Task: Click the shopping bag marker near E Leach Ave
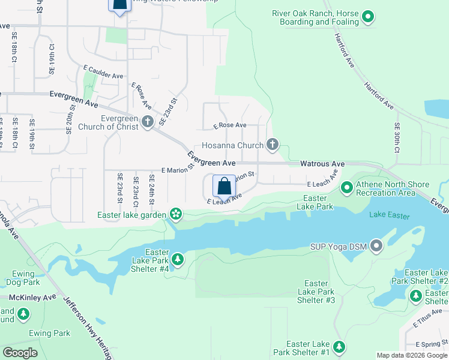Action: point(224,187)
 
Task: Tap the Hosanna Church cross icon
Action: point(273,145)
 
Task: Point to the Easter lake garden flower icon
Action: point(175,214)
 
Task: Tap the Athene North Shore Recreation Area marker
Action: point(346,188)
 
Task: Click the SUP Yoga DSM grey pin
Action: point(376,246)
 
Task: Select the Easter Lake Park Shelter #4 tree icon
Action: point(178,259)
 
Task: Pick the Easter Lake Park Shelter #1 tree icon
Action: point(339,347)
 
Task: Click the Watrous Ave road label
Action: point(322,163)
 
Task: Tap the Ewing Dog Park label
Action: point(22,277)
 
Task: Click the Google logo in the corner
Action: point(20,353)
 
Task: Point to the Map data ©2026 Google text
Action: point(412,355)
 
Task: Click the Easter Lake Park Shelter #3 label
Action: point(316,291)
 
